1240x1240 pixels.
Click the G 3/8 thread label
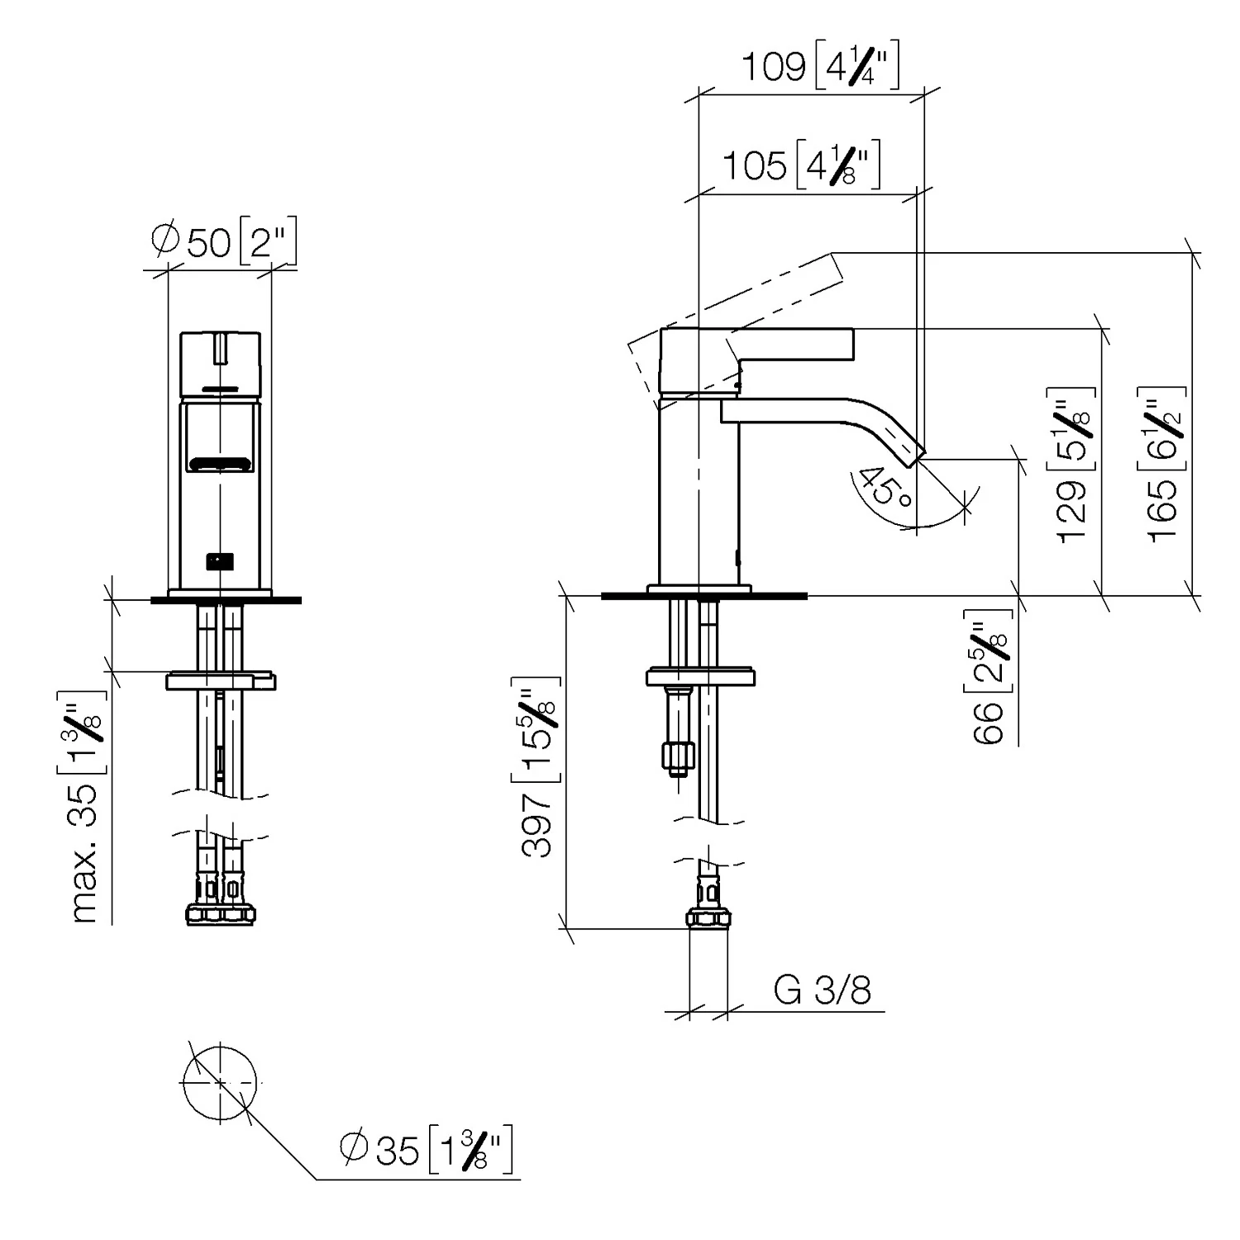tap(823, 989)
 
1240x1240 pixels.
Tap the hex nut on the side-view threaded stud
tap(677, 755)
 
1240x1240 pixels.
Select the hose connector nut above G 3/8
tap(708, 918)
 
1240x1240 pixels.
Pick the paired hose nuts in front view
tap(220, 913)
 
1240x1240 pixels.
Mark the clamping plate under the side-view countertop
tap(700, 676)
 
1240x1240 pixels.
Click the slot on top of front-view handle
tap(220, 348)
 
